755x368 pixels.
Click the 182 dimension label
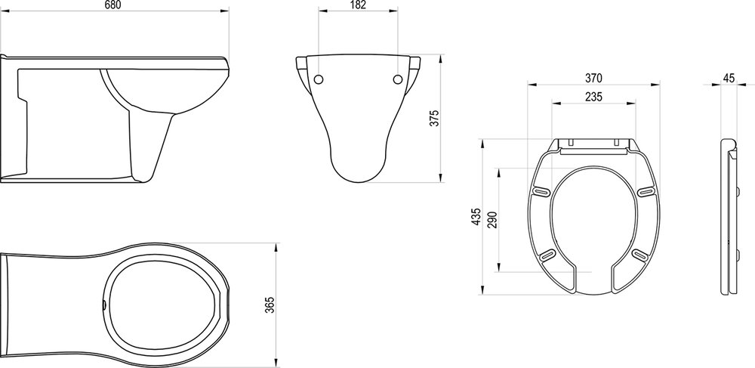(x=358, y=5)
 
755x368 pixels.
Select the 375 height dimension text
(x=435, y=119)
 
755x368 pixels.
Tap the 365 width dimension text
(x=270, y=305)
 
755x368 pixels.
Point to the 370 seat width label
(x=593, y=78)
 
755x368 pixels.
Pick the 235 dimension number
(x=593, y=97)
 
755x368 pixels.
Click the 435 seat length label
(x=476, y=217)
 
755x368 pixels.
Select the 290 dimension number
(x=492, y=220)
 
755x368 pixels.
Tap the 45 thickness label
(x=729, y=78)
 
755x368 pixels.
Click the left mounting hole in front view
(x=319, y=79)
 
